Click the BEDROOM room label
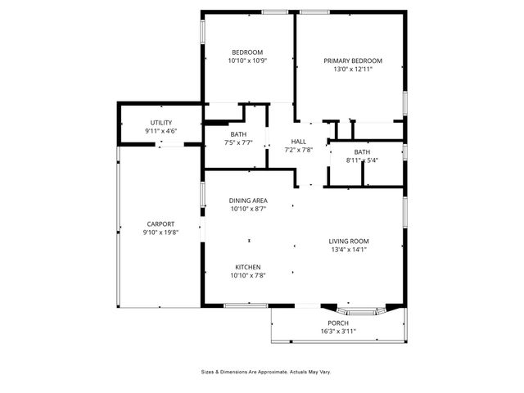pyautogui.click(x=246, y=52)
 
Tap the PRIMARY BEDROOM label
pyautogui.click(x=353, y=61)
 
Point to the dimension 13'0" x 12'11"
pyautogui.click(x=353, y=70)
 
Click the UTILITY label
pyautogui.click(x=161, y=122)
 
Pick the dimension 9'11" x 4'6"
pyautogui.click(x=161, y=131)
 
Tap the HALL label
pyautogui.click(x=299, y=141)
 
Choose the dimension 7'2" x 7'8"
pyautogui.click(x=299, y=150)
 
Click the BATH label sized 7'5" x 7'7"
pyautogui.click(x=238, y=133)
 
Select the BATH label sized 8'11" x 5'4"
pyautogui.click(x=362, y=152)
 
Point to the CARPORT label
pyautogui.click(x=160, y=224)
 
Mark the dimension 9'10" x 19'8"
pyautogui.click(x=160, y=233)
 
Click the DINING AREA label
pyautogui.click(x=248, y=201)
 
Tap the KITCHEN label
pyautogui.click(x=248, y=267)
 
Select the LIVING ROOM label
pyautogui.click(x=349, y=241)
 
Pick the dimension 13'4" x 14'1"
pyautogui.click(x=349, y=250)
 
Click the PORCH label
pyautogui.click(x=338, y=323)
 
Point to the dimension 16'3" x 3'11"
pyautogui.click(x=338, y=332)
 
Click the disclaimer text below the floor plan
pyautogui.click(x=266, y=372)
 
